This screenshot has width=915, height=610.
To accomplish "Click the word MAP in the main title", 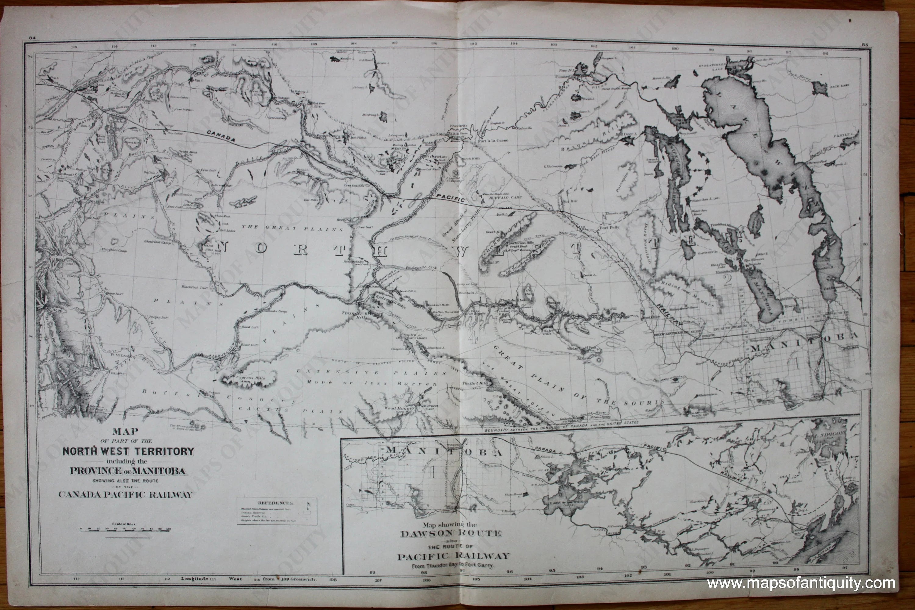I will tap(125, 432).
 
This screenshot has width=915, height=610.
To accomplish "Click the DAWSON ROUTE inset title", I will tap(451, 534).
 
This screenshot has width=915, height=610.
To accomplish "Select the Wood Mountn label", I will tap(396, 408).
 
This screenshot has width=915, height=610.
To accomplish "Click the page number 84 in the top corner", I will tap(32, 38).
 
